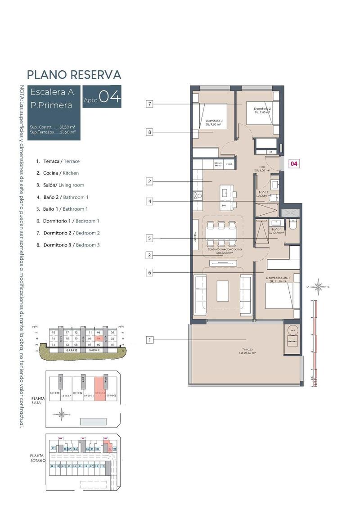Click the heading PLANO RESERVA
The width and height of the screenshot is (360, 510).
[74, 74]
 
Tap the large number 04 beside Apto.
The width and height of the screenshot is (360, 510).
[109, 97]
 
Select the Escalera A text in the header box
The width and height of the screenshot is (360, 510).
[52, 92]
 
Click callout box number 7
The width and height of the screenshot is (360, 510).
[150, 104]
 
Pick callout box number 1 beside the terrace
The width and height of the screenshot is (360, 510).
[150, 340]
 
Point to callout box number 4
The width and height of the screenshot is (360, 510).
[150, 202]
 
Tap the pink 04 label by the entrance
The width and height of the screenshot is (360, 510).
[293, 164]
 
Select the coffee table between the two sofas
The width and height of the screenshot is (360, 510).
[223, 291]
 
